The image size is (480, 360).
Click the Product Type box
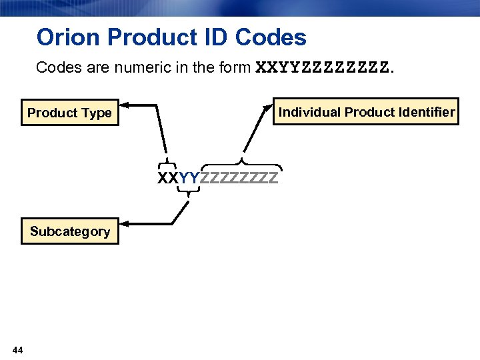[69, 113]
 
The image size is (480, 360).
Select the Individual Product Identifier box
[366, 112]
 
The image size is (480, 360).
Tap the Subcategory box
[69, 231]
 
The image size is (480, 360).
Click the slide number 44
[18, 350]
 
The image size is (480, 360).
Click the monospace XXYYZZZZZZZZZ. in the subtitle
[325, 68]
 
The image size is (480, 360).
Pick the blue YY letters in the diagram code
[189, 179]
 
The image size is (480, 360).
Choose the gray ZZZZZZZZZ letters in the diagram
[239, 179]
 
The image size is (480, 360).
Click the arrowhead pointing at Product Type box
[127, 105]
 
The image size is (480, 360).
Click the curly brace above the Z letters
[241, 162]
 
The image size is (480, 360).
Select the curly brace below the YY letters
[189, 192]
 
